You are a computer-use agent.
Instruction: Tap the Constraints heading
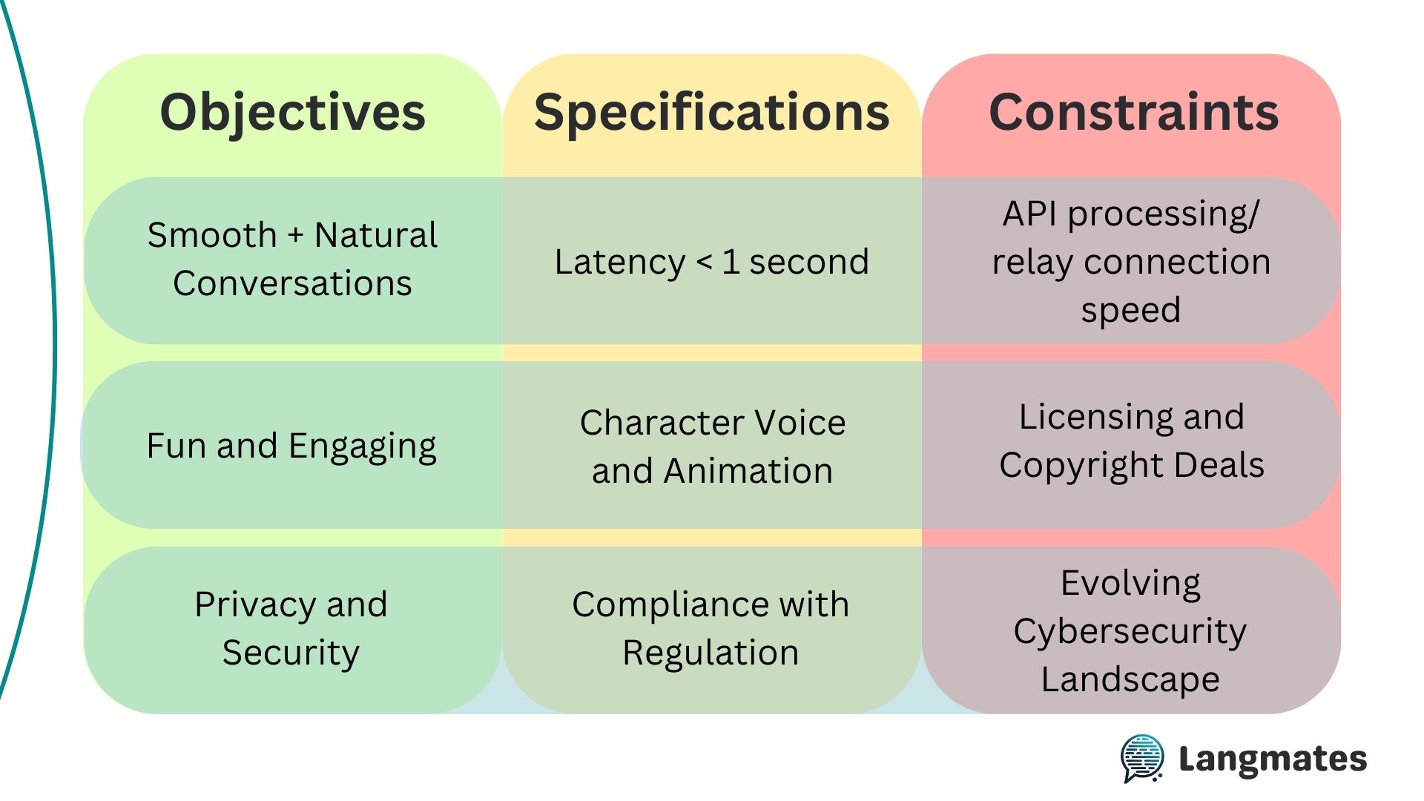tap(1134, 112)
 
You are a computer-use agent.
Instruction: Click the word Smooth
tap(212, 235)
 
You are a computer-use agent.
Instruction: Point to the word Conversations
tap(292, 283)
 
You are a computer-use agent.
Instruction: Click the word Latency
tap(620, 263)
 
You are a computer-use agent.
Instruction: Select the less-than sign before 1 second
tap(704, 262)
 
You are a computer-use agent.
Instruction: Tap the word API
tap(1030, 214)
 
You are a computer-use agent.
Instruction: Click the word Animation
tap(748, 471)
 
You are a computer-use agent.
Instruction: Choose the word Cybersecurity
tap(1130, 633)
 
